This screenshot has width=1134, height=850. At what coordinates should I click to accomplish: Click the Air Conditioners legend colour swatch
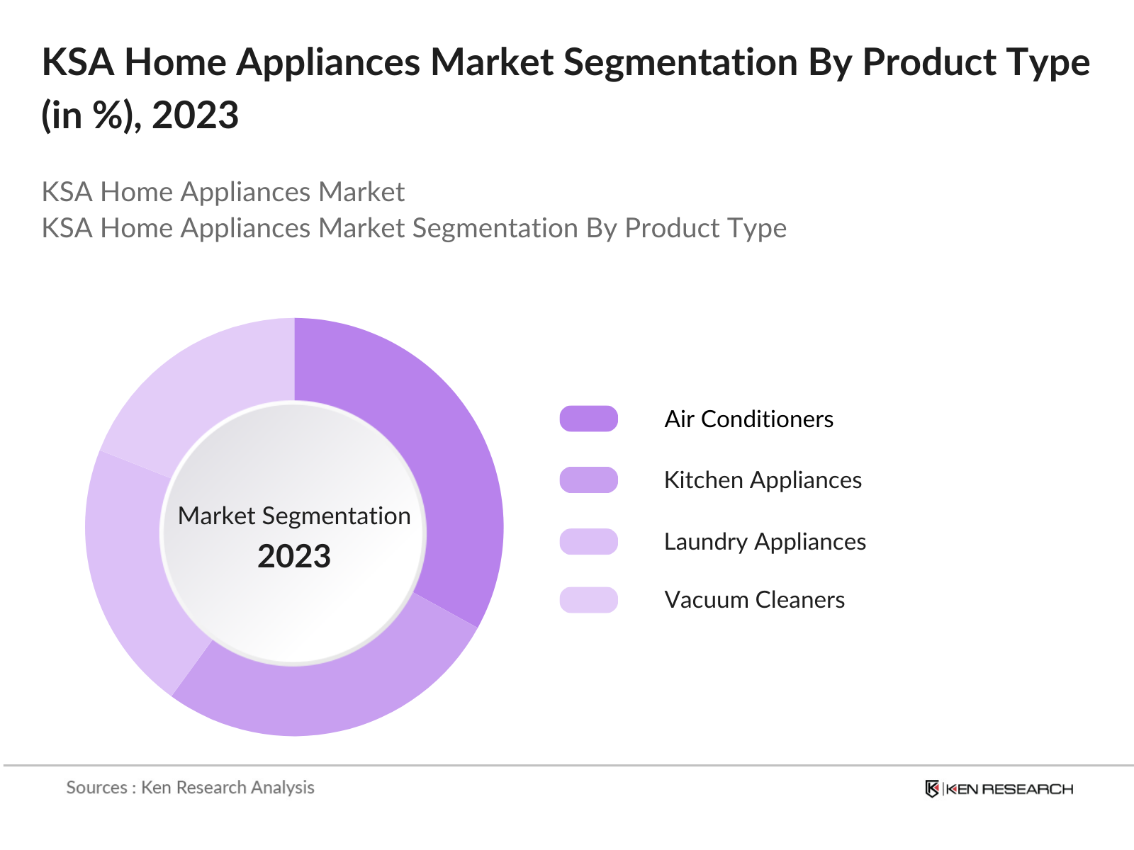point(588,419)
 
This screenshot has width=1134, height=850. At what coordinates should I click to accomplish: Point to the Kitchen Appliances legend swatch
point(588,480)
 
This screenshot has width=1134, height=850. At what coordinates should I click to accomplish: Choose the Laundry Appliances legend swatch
point(588,541)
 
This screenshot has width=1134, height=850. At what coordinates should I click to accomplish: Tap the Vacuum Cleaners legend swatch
point(588,599)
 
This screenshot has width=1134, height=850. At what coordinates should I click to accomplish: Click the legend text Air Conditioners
point(748,419)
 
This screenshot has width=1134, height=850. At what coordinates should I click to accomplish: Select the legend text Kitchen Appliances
point(763,480)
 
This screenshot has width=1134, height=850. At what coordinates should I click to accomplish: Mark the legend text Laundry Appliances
point(765,541)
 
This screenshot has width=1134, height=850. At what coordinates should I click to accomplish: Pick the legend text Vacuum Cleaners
point(754,599)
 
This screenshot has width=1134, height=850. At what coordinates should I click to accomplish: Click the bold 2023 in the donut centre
point(294,556)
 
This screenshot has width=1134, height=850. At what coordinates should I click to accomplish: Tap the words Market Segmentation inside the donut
point(294,516)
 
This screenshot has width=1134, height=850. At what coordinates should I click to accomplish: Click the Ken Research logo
point(999,788)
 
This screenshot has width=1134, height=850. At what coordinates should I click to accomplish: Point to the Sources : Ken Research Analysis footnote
point(190,787)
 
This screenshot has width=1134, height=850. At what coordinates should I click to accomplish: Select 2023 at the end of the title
point(196,115)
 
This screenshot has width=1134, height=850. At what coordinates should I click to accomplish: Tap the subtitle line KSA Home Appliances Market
point(223,192)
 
